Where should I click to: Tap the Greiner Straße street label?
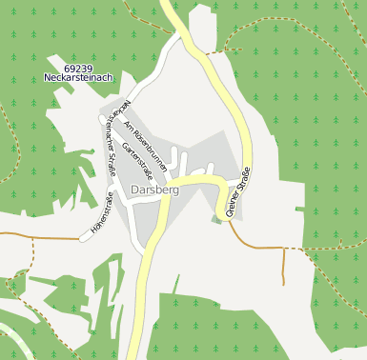pyautogui.click(x=237, y=194)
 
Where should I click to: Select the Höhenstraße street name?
pyautogui.click(x=102, y=214)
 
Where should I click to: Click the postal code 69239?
pyautogui.click(x=79, y=69)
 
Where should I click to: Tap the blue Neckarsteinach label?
pyautogui.click(x=79, y=78)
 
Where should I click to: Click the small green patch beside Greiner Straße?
pyautogui.click(x=216, y=219)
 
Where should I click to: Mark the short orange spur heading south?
pyautogui.click(x=283, y=266)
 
